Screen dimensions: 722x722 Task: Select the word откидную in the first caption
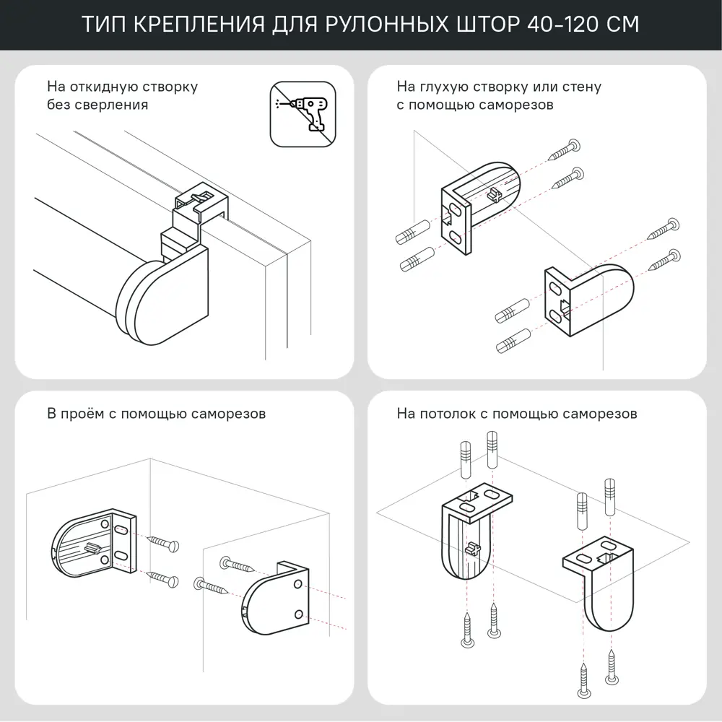point(102,87)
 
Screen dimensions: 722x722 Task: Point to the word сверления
point(115,105)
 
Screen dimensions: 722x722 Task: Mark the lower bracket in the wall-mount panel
point(589,299)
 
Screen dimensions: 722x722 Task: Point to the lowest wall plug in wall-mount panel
point(513,341)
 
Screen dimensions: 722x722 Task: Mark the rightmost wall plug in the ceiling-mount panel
point(610,495)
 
